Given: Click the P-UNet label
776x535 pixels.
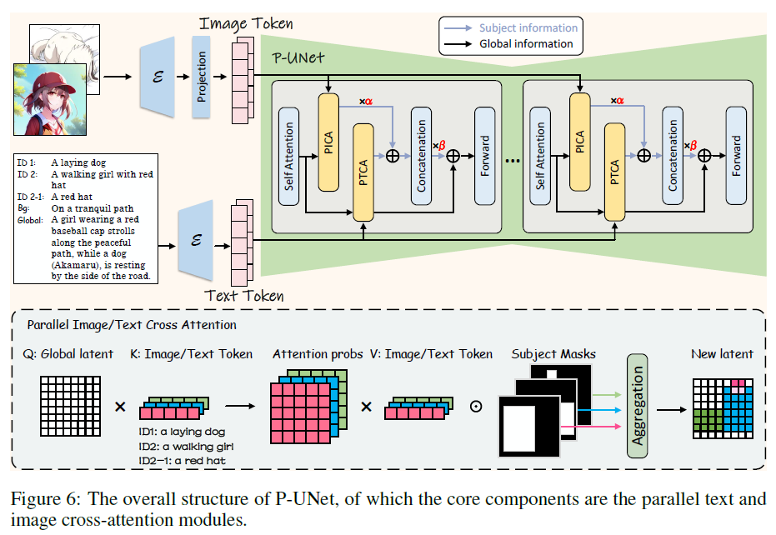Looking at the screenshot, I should pos(299,59).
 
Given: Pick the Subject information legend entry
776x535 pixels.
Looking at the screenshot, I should pos(529,27).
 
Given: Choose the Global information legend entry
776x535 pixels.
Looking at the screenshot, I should pos(525,43).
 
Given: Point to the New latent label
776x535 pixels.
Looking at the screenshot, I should pos(721,354).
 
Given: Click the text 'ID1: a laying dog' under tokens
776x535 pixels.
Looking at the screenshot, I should pos(182,432).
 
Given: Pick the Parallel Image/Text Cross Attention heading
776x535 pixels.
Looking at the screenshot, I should pos(132,325).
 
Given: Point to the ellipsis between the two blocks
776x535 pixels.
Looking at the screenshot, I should pos(512,158).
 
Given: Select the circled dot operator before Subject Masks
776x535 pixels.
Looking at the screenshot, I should pos(475,407).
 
